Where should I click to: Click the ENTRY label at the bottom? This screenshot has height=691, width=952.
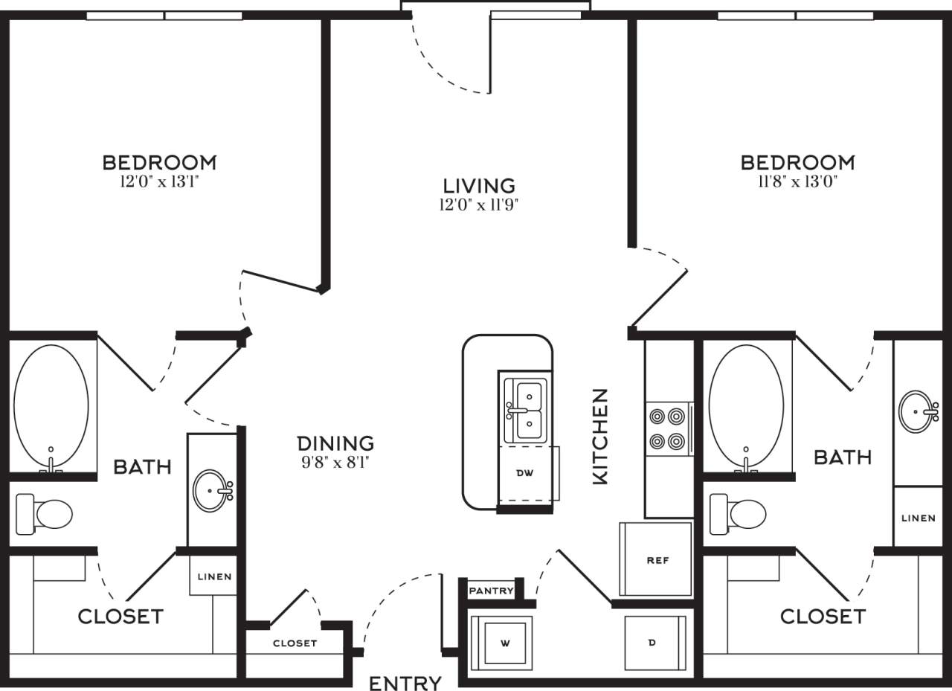click(405, 682)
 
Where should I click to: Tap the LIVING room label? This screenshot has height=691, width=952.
click(479, 185)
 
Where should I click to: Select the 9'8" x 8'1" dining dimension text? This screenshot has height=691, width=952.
click(335, 462)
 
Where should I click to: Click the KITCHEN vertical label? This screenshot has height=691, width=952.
click(600, 437)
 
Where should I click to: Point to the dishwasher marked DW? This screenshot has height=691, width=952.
click(526, 473)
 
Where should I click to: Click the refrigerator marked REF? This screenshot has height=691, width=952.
click(657, 559)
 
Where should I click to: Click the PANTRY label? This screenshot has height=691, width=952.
click(491, 591)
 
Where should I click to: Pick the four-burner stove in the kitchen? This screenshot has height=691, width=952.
click(667, 429)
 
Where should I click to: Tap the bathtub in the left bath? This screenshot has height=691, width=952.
click(51, 406)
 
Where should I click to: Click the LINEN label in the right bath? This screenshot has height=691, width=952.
click(918, 518)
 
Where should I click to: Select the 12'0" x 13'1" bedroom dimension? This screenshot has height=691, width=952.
click(159, 181)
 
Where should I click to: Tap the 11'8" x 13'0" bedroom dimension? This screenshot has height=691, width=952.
click(797, 181)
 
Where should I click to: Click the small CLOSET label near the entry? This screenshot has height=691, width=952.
click(295, 643)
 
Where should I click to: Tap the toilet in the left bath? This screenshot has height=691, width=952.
click(45, 513)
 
